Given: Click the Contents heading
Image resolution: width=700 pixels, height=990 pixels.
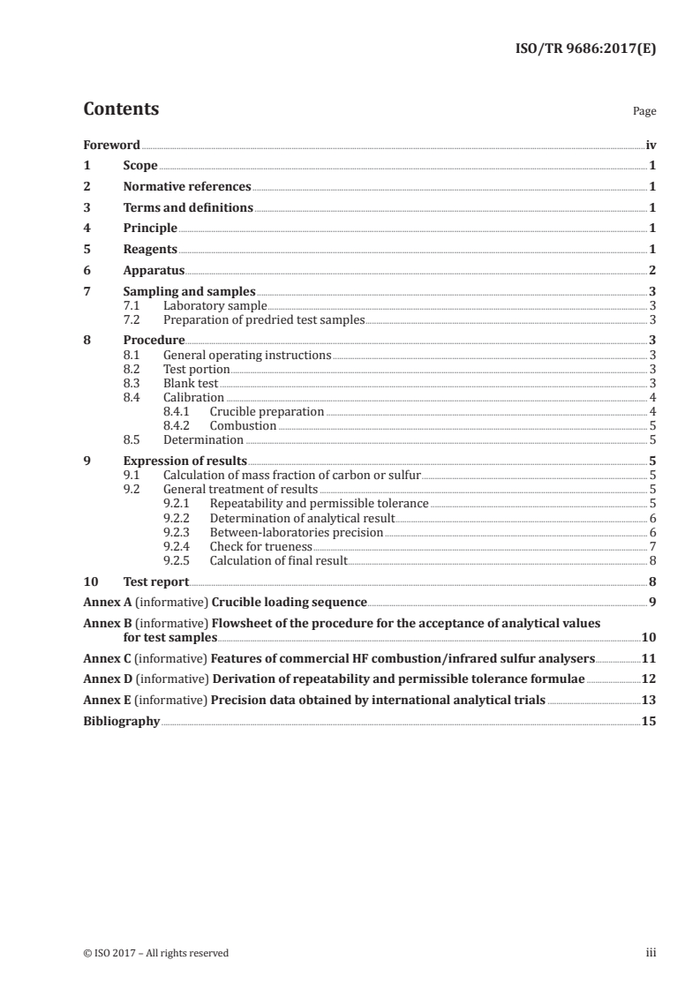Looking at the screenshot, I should [121, 109].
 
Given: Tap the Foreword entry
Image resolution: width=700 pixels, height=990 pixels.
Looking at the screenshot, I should [111, 145].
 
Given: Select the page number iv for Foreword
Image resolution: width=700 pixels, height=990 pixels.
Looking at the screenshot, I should [651, 145].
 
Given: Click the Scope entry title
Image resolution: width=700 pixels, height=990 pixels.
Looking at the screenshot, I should [140, 166].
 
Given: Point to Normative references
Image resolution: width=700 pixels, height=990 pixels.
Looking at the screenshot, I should [187, 187].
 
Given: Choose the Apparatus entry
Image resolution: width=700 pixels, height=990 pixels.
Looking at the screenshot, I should [154, 271].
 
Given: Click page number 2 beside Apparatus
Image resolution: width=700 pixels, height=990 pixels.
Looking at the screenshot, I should [651, 271].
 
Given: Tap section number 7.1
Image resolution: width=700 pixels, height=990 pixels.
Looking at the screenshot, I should [133, 306].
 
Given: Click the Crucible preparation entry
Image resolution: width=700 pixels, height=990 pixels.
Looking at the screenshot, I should [267, 412].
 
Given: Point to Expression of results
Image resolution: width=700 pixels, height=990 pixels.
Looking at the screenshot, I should [185, 461].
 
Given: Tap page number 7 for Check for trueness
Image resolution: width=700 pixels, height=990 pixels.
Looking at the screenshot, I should [651, 547].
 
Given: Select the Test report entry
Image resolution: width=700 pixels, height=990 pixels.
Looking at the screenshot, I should [156, 582].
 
